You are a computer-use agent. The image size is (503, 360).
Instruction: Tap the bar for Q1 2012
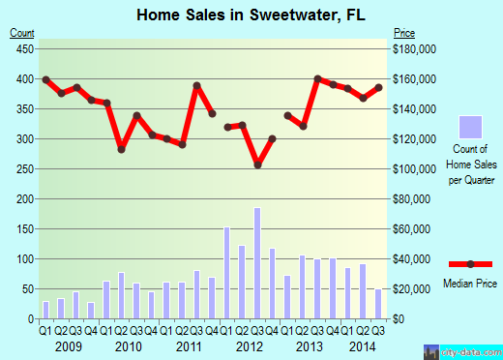coord(227,273)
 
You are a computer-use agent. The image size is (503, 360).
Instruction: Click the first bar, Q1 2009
coord(45,310)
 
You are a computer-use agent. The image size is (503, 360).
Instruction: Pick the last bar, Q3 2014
coord(377,304)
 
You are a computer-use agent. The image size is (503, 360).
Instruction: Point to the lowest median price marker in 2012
coord(258,165)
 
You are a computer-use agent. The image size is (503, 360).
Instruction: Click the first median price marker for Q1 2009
coord(45,79)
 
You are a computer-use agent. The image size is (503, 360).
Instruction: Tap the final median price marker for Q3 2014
coord(378,87)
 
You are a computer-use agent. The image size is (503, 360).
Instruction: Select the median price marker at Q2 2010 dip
coord(122,149)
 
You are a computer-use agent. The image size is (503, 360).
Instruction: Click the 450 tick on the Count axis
coord(24,48)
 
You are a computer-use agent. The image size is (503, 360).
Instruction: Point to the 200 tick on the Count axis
coord(24,199)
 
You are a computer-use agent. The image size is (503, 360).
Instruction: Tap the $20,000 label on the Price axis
coord(414,289)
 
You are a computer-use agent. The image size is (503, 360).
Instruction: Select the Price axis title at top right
coord(404,33)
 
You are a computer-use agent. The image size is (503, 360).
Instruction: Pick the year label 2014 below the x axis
coord(364,345)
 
